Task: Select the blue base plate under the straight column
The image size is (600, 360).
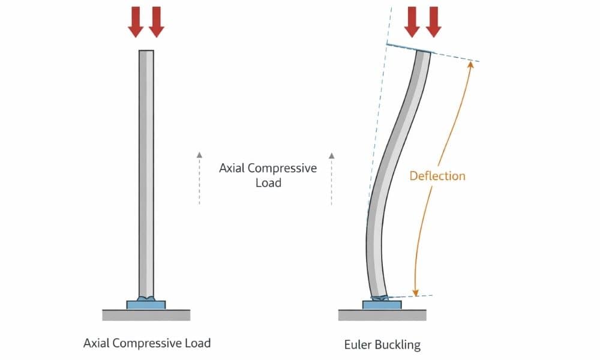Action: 146,305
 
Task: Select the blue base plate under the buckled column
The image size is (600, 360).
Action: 382,305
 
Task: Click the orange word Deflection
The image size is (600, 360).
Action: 437,176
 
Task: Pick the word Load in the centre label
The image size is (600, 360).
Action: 268,182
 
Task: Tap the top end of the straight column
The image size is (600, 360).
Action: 146,53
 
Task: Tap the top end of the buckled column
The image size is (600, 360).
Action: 422,53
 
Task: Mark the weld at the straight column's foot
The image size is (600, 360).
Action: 146,298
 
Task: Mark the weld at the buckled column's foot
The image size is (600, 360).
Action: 379,297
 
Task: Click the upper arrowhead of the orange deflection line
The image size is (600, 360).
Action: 470,64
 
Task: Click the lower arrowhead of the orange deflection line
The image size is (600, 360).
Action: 415,292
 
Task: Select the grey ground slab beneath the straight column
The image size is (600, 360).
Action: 146,314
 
